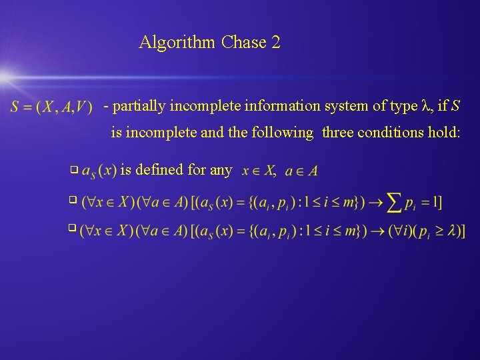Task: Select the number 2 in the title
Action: click(x=276, y=43)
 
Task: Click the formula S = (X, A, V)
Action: click(x=51, y=107)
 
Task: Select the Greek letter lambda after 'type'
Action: click(x=427, y=106)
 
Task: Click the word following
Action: click(x=283, y=133)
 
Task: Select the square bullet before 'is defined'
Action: click(x=73, y=171)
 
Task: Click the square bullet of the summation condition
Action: click(x=73, y=200)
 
